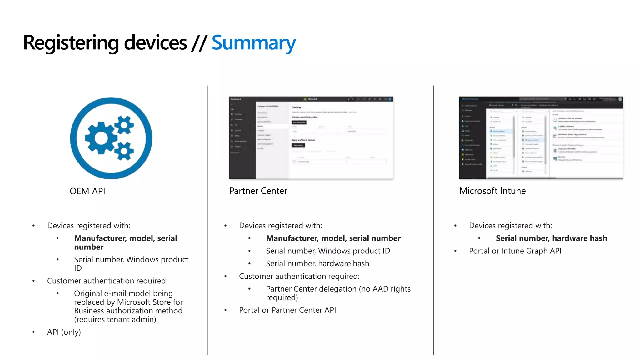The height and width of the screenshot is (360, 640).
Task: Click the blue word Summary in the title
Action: pyautogui.click(x=253, y=43)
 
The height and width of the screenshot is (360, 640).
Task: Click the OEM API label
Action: pyautogui.click(x=87, y=191)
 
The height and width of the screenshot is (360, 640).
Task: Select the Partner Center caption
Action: pyautogui.click(x=258, y=191)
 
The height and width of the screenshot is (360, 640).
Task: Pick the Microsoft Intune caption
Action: pyautogui.click(x=492, y=191)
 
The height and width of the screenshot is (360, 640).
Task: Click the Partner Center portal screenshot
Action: pyautogui.click(x=311, y=138)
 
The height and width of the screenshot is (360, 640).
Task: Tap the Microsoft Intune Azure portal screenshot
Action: pyautogui.click(x=541, y=138)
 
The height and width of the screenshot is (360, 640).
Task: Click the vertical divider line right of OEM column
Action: pyautogui.click(x=208, y=219)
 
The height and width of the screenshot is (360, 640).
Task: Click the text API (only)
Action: pyautogui.click(x=64, y=332)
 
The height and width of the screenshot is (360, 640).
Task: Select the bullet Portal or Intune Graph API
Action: pyautogui.click(x=515, y=251)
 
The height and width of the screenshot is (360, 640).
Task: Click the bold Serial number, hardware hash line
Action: pyautogui.click(x=551, y=238)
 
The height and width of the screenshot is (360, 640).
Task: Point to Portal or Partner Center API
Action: pyautogui.click(x=287, y=310)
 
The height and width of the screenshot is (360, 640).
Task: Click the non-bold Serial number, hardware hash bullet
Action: pyautogui.click(x=317, y=264)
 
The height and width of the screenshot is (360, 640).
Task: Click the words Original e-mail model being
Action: pyautogui.click(x=123, y=293)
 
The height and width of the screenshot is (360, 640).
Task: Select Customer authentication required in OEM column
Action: pyautogui.click(x=107, y=281)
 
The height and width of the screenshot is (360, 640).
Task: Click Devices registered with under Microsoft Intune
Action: pyautogui.click(x=510, y=226)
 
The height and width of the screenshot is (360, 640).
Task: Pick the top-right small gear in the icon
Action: pyautogui.click(x=124, y=125)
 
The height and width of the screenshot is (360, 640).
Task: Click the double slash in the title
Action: pyautogui.click(x=199, y=43)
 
